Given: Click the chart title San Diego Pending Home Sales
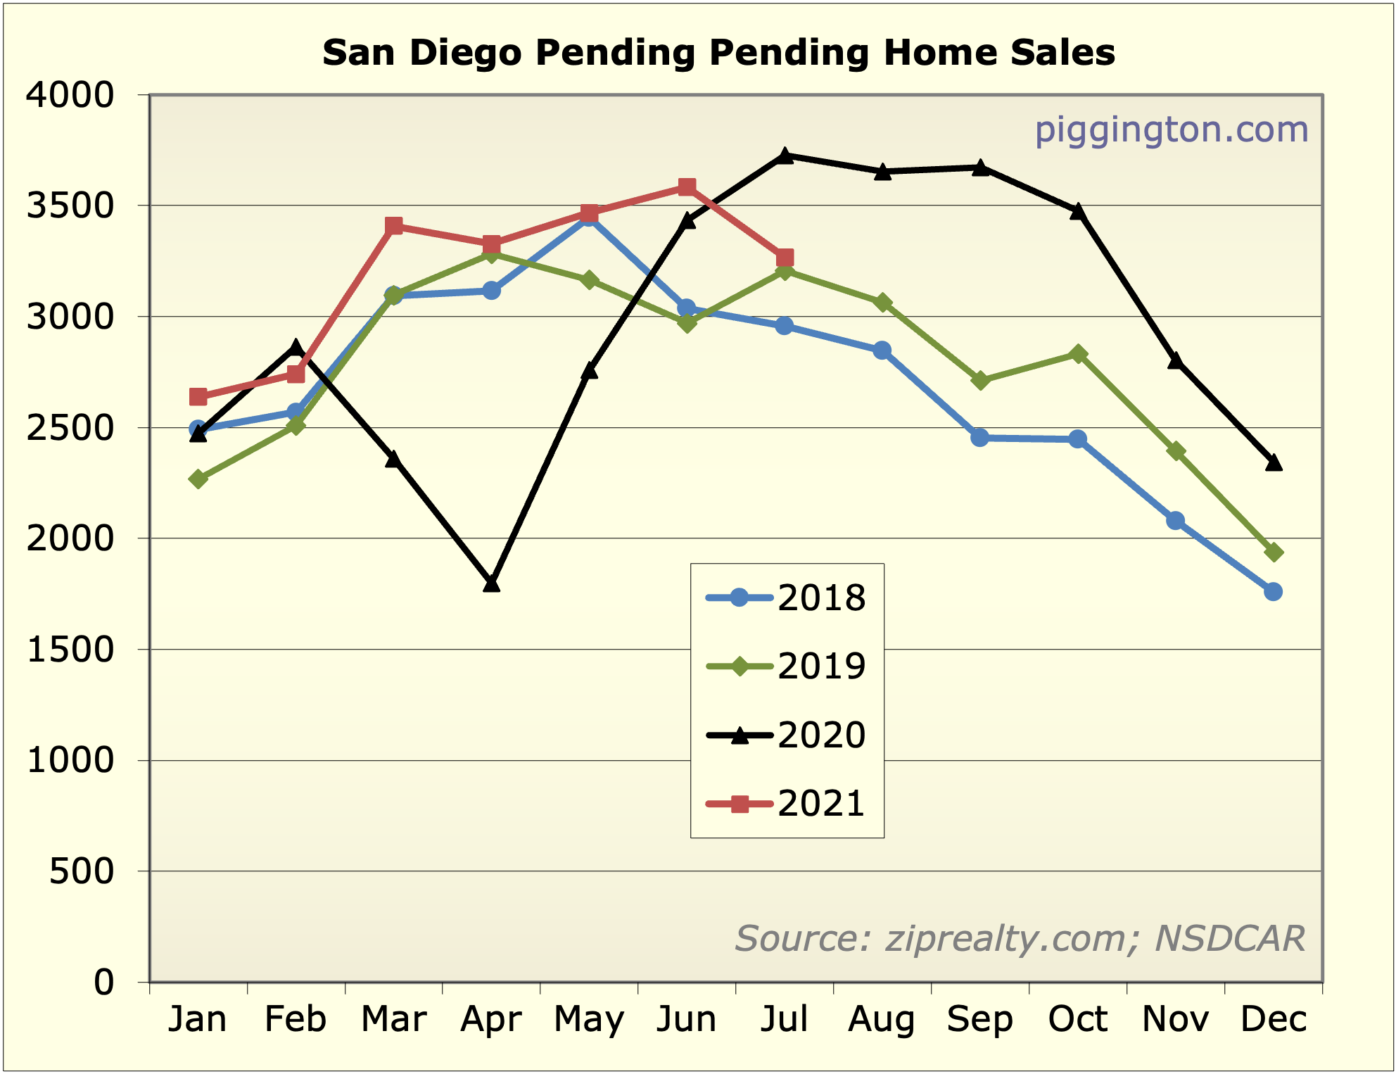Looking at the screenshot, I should pos(718,53).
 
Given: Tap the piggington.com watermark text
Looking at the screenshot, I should pos(1171,130).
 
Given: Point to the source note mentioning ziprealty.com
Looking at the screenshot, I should pos(1020,938).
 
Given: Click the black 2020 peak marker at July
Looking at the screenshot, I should pos(785,156).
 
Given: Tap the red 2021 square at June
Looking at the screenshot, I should pos(687,187).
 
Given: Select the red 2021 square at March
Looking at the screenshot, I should pos(393,226).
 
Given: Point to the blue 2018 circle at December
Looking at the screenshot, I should pos(1273,592).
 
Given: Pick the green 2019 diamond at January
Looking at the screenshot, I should pos(198,479).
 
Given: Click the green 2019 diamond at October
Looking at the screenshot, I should pos(1077,354).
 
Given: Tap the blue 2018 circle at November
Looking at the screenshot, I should pos(1175,521).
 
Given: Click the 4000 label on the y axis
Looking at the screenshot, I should pos(70,95).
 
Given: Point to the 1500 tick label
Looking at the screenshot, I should pos(70,650).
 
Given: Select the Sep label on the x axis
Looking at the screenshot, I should pos(979,1019).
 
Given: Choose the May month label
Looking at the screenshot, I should pos(589,1019).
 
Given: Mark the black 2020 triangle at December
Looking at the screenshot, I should pos(1273,462).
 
